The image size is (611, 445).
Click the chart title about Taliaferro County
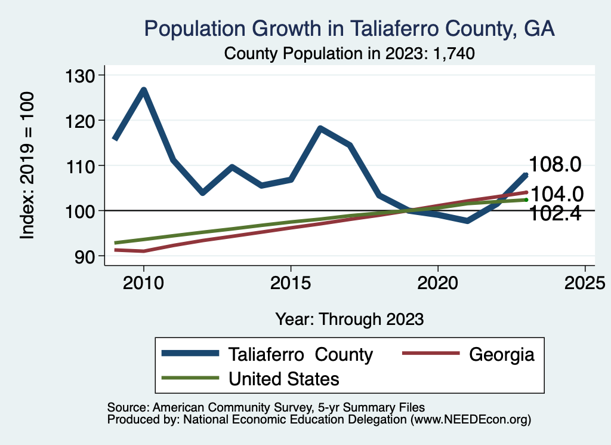tap(350, 29)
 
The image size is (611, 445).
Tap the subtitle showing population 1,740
tap(350, 53)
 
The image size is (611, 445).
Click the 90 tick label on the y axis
tap(90, 256)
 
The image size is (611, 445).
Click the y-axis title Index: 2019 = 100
tap(27, 165)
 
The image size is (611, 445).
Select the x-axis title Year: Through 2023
tap(350, 319)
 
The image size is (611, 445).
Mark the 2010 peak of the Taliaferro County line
tap(144, 90)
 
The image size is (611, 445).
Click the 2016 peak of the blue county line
tap(320, 128)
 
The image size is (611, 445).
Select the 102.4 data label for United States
tap(556, 213)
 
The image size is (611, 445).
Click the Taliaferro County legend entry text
tap(301, 354)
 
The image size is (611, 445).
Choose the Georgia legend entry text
tap(501, 354)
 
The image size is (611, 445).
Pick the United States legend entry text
tap(284, 378)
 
